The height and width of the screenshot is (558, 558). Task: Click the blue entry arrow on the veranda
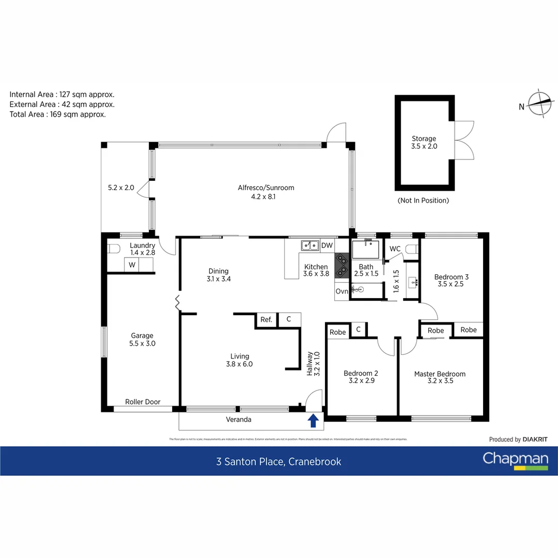tap(313, 421)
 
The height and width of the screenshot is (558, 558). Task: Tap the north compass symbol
tap(539, 105)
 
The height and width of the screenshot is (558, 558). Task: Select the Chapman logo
tap(515, 460)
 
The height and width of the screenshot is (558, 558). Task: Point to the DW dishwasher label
tap(327, 245)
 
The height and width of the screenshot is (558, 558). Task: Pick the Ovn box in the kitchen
tap(342, 291)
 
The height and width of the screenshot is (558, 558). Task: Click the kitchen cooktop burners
tap(342, 266)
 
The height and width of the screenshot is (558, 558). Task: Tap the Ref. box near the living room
tap(266, 320)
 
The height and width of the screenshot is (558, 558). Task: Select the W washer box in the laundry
tap(132, 265)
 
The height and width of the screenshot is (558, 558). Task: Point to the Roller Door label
tap(143, 401)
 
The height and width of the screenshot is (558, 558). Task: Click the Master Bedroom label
tap(440, 374)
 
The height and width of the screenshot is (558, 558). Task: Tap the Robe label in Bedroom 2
tap(337, 332)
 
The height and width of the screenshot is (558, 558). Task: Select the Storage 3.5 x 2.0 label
tap(424, 142)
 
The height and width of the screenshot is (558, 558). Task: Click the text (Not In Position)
tap(423, 200)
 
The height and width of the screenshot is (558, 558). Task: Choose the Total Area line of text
tap(58, 114)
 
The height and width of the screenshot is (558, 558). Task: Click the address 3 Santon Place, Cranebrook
tap(278, 461)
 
